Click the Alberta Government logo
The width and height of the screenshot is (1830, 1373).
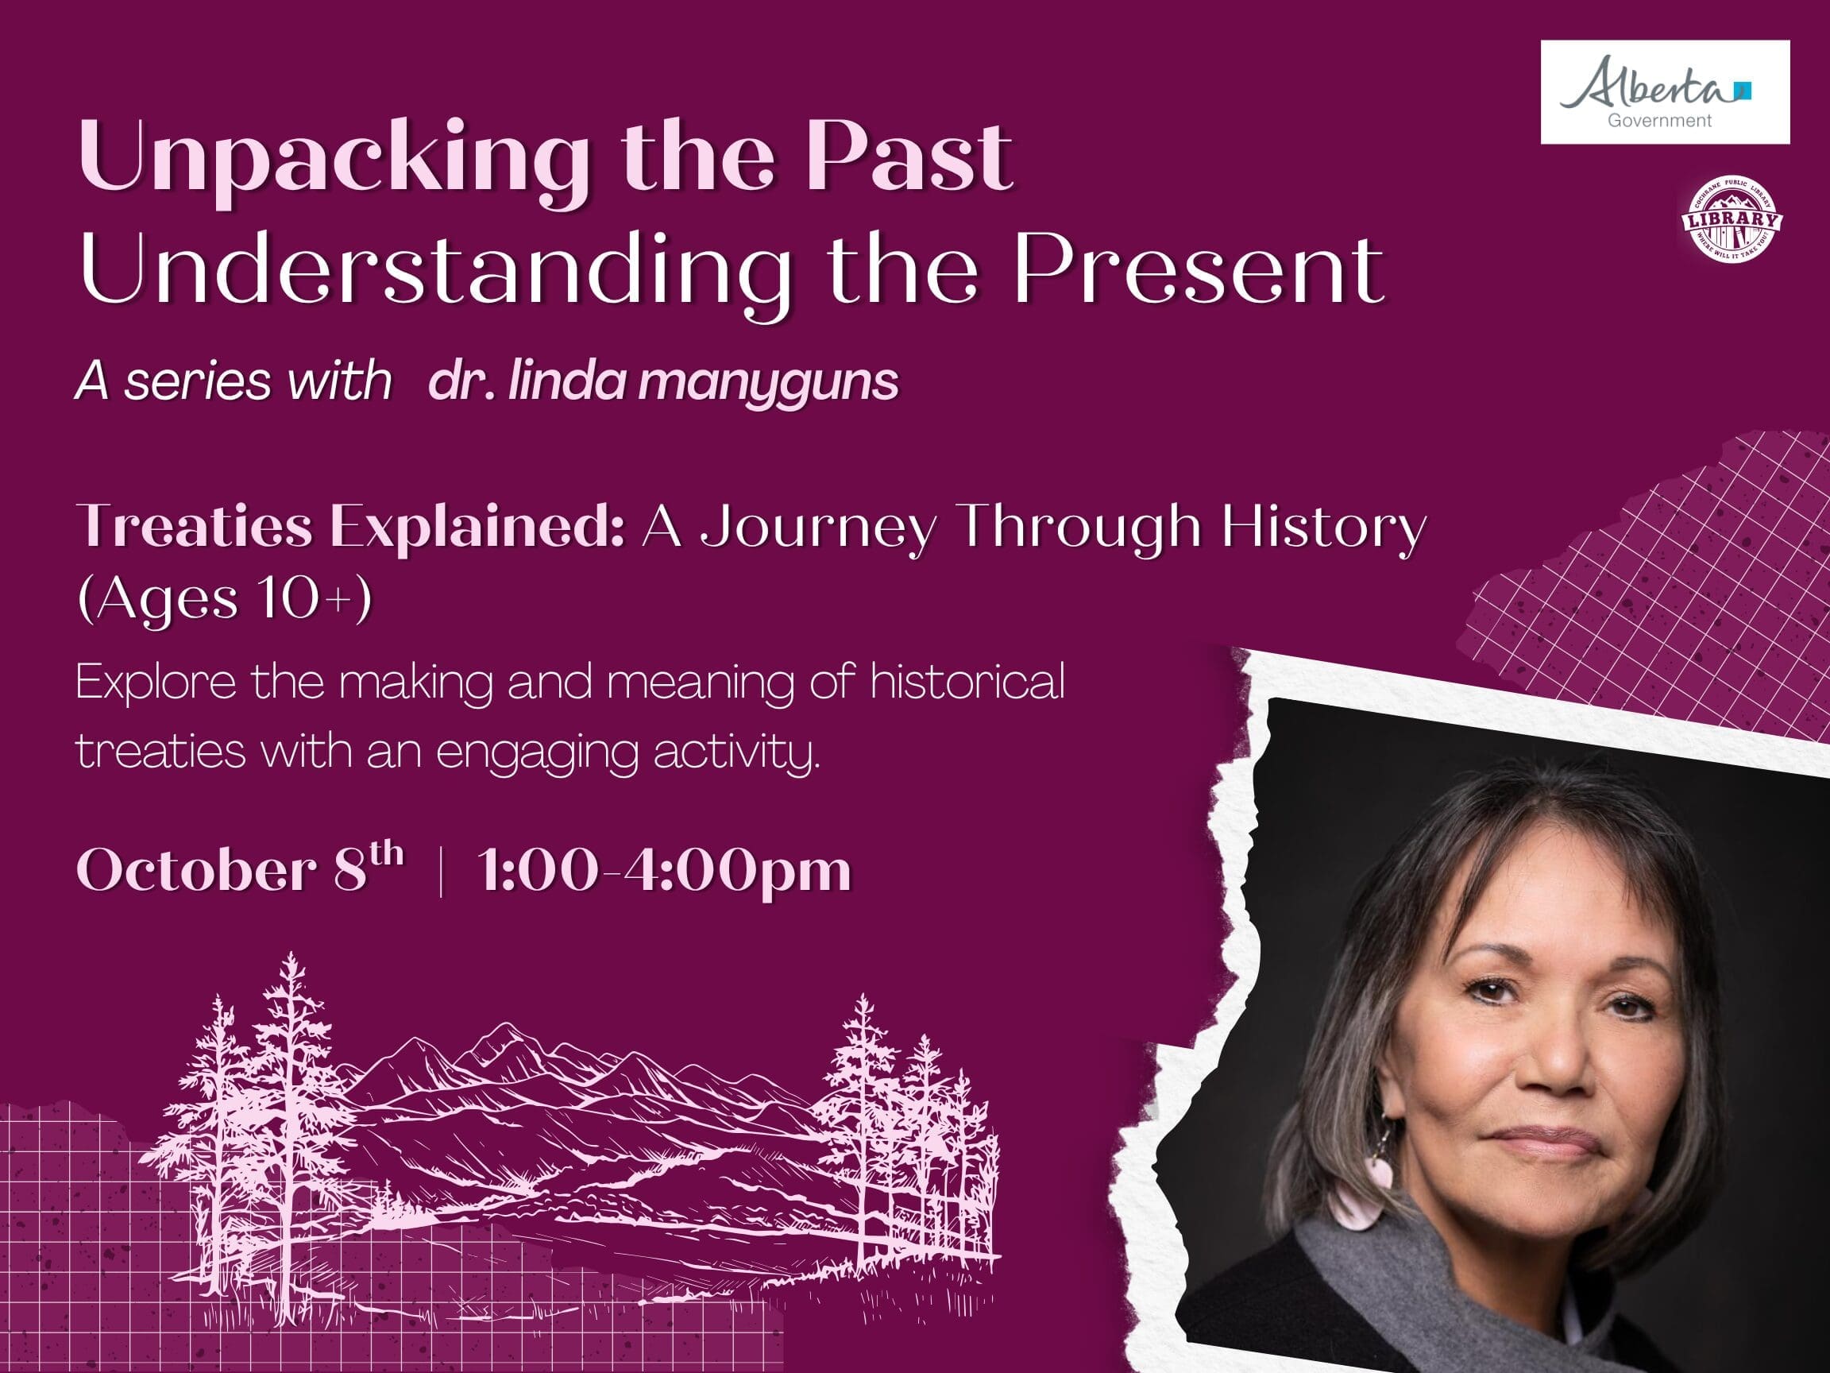pos(1665,92)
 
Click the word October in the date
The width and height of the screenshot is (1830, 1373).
pos(197,871)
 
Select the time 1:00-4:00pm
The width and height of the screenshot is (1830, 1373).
pos(664,872)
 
